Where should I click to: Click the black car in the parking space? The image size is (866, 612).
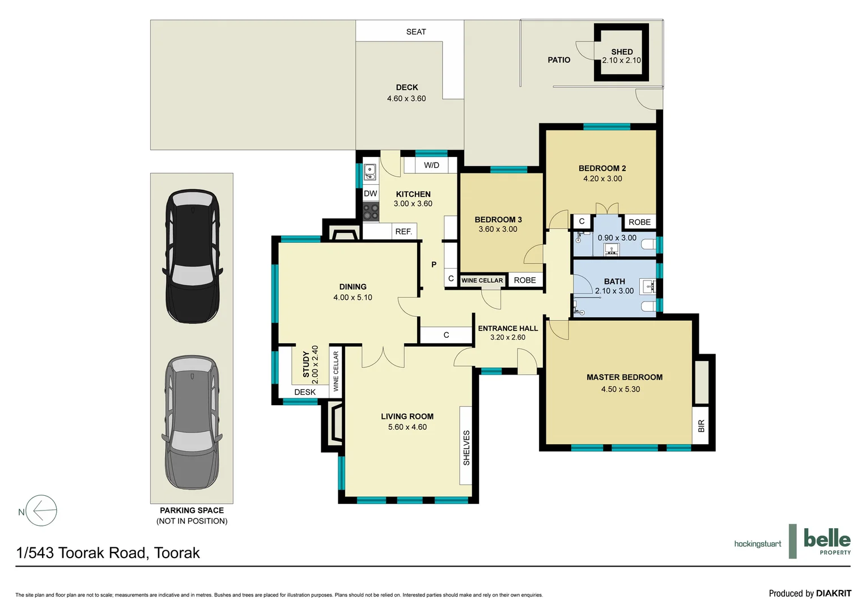click(192, 256)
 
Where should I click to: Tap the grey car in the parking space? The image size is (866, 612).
click(192, 423)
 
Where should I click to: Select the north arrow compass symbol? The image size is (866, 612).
click(41, 511)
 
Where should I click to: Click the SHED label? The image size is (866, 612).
click(622, 52)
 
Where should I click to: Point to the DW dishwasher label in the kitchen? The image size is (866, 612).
click(370, 194)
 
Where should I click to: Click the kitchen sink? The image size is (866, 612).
click(370, 172)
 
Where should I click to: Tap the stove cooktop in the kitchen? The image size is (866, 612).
click(371, 212)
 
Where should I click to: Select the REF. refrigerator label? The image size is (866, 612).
click(403, 232)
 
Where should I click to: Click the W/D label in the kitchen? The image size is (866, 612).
click(431, 165)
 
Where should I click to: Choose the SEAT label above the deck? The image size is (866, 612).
click(416, 32)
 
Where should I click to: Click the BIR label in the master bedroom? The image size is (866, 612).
click(701, 426)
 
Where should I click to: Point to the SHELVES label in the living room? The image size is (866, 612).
click(466, 448)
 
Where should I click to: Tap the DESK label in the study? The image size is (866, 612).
click(305, 392)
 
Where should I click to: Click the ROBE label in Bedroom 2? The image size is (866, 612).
click(639, 222)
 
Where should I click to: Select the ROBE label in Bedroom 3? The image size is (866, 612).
click(525, 280)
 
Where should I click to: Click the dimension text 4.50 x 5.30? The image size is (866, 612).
click(621, 389)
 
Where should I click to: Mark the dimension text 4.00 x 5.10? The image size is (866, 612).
click(353, 297)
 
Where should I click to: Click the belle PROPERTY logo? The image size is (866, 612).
click(826, 541)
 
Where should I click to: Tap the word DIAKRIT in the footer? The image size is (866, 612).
click(833, 593)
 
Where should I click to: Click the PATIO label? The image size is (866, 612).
click(559, 60)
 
